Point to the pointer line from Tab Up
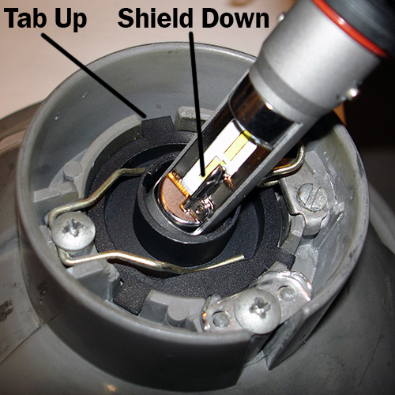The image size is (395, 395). [x=93, y=76]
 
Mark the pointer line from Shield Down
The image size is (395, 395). [x=197, y=104]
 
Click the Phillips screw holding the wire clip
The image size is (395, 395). [x=73, y=231]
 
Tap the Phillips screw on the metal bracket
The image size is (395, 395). [x=258, y=308]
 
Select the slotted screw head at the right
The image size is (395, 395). [x=314, y=198]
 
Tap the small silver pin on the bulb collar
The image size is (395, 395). [x=353, y=92]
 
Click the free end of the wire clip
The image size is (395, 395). [x=242, y=258]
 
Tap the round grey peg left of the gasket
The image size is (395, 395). [x=73, y=169]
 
